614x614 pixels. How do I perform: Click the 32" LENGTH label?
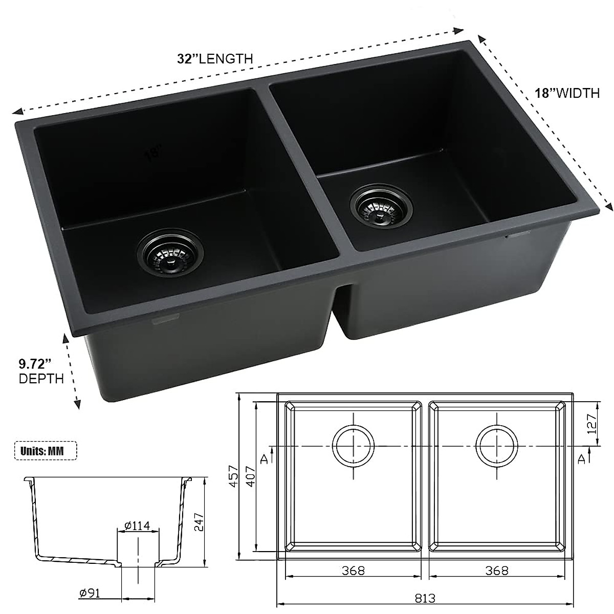(x=215, y=58)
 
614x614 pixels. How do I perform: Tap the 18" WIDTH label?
(x=567, y=93)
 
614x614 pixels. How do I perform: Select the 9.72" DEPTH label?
(x=41, y=371)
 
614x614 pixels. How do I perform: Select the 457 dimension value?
(x=233, y=476)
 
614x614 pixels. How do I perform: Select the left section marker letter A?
(x=265, y=458)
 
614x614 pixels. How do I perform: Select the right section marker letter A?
(x=580, y=458)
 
